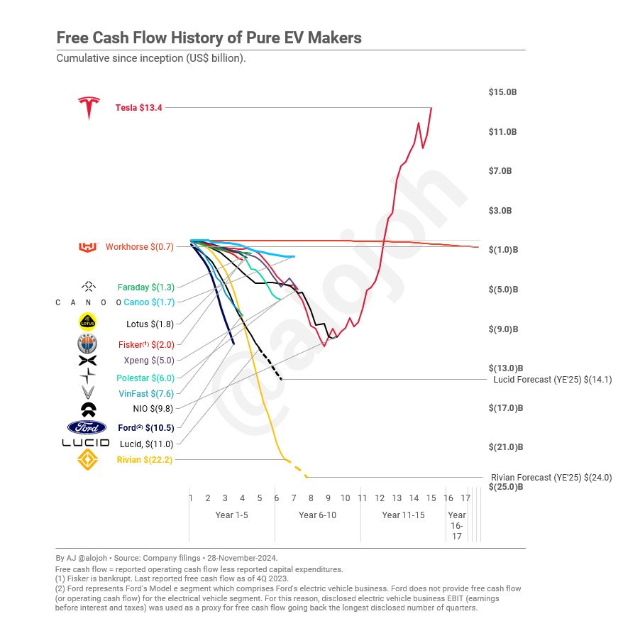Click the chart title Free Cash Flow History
[209, 38]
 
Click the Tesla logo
[89, 108]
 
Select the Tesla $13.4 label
[139, 108]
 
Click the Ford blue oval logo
[87, 427]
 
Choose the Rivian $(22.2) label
[145, 460]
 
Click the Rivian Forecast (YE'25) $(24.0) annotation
[551, 478]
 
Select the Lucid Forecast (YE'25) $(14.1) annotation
[553, 380]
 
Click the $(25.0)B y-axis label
[505, 487]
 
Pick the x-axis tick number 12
[380, 498]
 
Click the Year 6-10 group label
[317, 515]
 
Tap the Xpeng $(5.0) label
[149, 361]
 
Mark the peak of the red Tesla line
[431, 108]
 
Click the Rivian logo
[88, 460]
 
